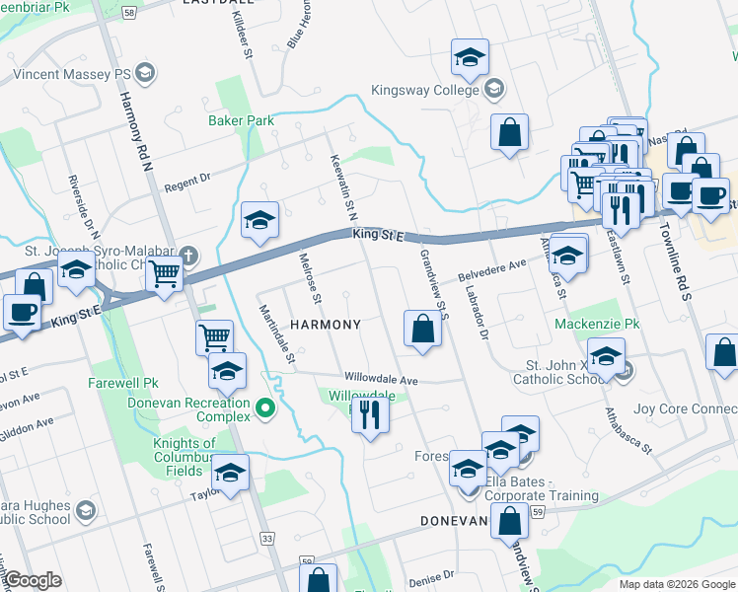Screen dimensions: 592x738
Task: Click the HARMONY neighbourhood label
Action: click(x=325, y=324)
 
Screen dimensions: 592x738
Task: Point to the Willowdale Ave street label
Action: click(x=382, y=379)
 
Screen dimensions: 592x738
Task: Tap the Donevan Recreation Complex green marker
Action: click(x=264, y=407)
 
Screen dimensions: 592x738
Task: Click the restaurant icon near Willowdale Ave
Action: click(x=370, y=414)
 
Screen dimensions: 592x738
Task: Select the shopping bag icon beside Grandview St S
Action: click(x=422, y=330)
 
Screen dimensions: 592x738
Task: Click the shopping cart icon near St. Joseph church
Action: click(x=165, y=275)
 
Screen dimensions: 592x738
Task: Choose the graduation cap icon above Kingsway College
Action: click(x=470, y=58)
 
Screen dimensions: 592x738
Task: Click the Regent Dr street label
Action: click(x=187, y=182)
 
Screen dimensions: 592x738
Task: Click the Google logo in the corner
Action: click(x=33, y=580)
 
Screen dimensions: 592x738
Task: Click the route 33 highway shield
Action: click(x=267, y=538)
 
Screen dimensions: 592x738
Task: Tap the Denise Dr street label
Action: click(x=431, y=575)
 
